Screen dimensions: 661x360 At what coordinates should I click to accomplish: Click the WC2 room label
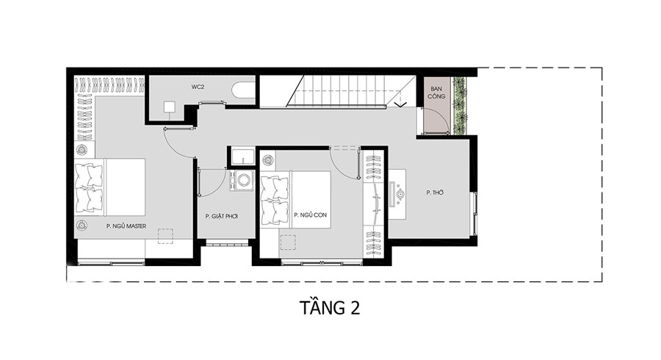coord(198,87)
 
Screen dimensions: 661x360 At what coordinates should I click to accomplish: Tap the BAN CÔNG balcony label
coord(436,93)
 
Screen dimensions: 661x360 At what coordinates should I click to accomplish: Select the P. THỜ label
coord(435,192)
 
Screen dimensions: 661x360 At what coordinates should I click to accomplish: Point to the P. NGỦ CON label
coord(310,215)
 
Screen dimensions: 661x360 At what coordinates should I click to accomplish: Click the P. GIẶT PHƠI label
coord(222,216)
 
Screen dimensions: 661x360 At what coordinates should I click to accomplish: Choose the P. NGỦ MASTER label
coord(126,226)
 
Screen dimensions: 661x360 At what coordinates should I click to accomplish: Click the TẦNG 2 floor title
coord(330,308)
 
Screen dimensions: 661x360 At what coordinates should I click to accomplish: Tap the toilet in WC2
coord(170,108)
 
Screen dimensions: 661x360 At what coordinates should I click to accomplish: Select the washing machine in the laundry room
coord(242,181)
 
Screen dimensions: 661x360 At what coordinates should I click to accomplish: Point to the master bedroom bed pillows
coord(89,187)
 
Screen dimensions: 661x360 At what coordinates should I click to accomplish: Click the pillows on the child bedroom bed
coord(275,201)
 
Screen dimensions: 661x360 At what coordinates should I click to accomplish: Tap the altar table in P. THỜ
coord(397,195)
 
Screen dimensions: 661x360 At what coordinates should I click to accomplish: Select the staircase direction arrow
coord(400,104)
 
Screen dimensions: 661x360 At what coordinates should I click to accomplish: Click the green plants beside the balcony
coord(460,106)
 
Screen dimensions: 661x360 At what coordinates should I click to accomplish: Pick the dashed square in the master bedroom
coord(165,237)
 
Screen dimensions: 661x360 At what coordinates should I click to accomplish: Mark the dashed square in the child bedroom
coord(288,242)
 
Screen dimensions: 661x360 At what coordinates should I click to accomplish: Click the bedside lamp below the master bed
coord(82,225)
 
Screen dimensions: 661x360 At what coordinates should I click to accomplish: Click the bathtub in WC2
coord(243,90)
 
